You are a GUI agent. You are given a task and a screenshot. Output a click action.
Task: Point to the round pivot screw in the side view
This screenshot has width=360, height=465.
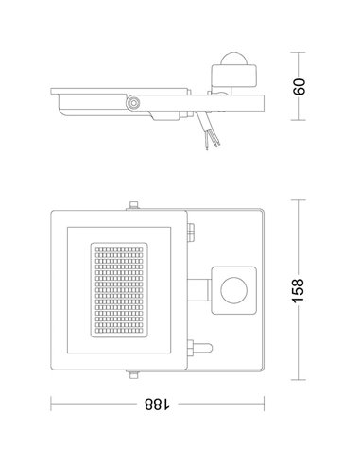pos(135,99)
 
